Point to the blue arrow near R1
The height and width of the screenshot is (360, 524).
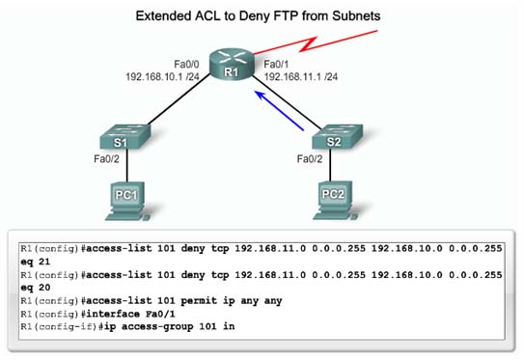[286, 108]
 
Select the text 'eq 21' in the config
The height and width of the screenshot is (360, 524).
[36, 262]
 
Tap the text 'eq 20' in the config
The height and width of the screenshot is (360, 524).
[36, 288]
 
